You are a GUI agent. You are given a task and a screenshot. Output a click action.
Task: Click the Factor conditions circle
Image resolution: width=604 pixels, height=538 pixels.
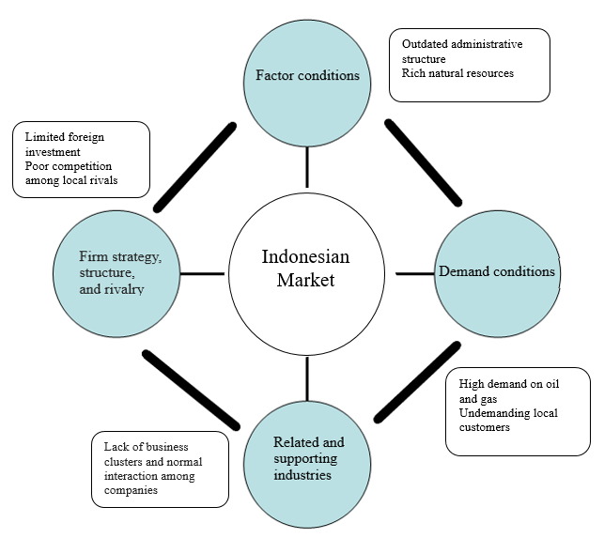click(307, 75)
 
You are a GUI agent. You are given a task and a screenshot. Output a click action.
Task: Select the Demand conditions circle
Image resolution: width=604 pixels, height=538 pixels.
click(496, 271)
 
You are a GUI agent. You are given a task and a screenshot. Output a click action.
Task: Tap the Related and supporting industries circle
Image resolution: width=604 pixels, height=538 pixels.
click(307, 458)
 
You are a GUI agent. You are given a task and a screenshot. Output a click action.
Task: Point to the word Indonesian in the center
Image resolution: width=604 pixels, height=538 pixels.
click(306, 256)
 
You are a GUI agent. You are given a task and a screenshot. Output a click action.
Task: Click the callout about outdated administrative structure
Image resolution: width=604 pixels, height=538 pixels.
click(469, 64)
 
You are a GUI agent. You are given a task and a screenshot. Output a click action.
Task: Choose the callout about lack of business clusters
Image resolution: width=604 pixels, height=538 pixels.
click(160, 469)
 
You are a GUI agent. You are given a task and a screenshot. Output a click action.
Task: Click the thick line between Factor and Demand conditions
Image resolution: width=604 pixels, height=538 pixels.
click(423, 161)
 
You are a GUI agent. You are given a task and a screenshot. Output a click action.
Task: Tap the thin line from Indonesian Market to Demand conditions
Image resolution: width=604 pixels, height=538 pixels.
click(414, 273)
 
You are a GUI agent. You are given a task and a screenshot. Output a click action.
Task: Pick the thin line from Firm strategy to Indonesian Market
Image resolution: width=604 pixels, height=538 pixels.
click(201, 274)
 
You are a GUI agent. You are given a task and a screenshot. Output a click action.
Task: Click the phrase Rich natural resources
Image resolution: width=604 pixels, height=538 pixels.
click(457, 72)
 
